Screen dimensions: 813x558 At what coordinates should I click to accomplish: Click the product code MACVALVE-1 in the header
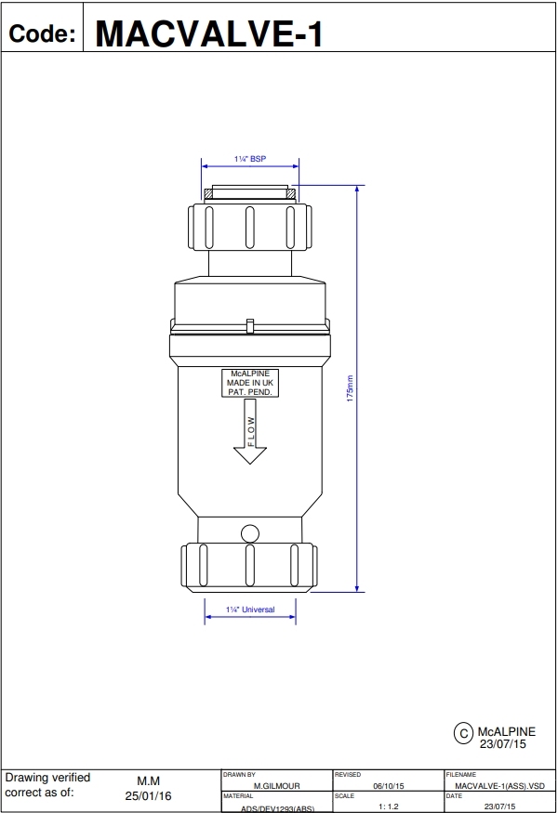(209, 33)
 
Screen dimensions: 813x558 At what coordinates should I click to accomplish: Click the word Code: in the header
(42, 34)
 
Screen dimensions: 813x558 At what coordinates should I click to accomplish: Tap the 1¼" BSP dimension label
(249, 160)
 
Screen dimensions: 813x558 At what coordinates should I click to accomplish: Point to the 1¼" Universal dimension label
(250, 610)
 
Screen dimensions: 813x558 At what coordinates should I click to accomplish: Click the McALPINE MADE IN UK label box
(249, 383)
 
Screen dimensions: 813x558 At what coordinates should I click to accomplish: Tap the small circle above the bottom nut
(249, 533)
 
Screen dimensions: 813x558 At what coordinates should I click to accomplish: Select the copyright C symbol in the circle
(464, 733)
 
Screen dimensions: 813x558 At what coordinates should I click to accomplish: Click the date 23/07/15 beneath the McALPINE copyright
(502, 744)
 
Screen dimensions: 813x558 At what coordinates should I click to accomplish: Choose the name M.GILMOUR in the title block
(276, 785)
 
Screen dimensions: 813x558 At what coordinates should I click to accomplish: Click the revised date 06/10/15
(388, 785)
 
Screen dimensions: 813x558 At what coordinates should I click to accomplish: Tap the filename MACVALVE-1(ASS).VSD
(500, 785)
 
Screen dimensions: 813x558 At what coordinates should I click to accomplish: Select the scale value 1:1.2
(388, 806)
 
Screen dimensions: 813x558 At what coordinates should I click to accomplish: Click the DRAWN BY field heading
(239, 774)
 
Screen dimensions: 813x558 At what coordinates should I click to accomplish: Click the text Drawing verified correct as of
(48, 785)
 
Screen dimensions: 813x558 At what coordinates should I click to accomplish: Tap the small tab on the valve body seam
(249, 325)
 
